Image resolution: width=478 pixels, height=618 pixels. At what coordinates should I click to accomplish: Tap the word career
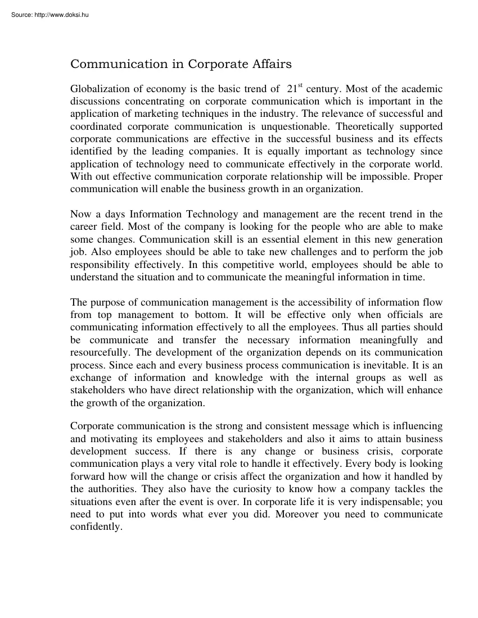[x=84, y=226]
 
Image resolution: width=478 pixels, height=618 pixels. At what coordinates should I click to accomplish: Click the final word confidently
[x=96, y=527]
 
